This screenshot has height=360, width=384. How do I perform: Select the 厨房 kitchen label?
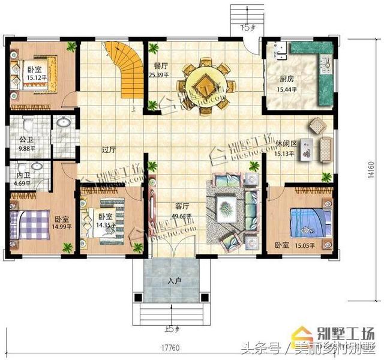pyautogui.click(x=286, y=79)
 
